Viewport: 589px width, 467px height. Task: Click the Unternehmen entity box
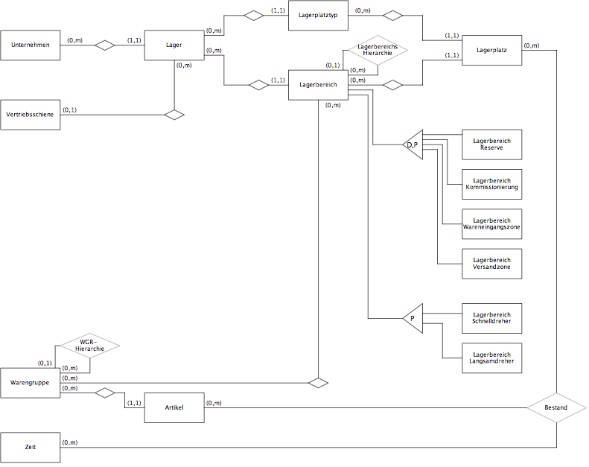tap(30, 45)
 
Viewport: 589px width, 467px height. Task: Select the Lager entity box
tap(174, 45)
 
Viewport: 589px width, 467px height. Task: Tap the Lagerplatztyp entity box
tap(318, 16)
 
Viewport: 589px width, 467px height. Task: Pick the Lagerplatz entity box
tap(491, 51)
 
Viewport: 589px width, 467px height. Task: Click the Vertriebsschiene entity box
tap(30, 115)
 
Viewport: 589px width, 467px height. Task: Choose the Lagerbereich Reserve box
tap(491, 144)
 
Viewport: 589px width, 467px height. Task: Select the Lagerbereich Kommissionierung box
tap(491, 184)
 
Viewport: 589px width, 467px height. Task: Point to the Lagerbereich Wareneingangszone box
tap(491, 224)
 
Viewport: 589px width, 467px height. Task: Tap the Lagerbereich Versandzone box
tap(491, 264)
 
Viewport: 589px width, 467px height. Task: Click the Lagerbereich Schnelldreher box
tap(491, 318)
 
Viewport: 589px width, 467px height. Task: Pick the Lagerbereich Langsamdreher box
tap(491, 358)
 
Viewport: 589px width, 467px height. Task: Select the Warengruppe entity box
tap(30, 383)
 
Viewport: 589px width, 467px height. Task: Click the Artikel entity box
tap(174, 407)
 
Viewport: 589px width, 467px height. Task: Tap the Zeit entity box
tap(30, 448)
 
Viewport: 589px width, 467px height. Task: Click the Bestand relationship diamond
tap(556, 407)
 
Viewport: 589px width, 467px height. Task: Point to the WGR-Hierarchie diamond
tap(90, 346)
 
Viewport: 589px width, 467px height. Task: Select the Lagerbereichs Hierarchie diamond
tap(378, 50)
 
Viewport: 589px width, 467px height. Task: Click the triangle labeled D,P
tap(413, 144)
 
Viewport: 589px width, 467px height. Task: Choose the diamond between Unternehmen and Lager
tap(105, 45)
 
